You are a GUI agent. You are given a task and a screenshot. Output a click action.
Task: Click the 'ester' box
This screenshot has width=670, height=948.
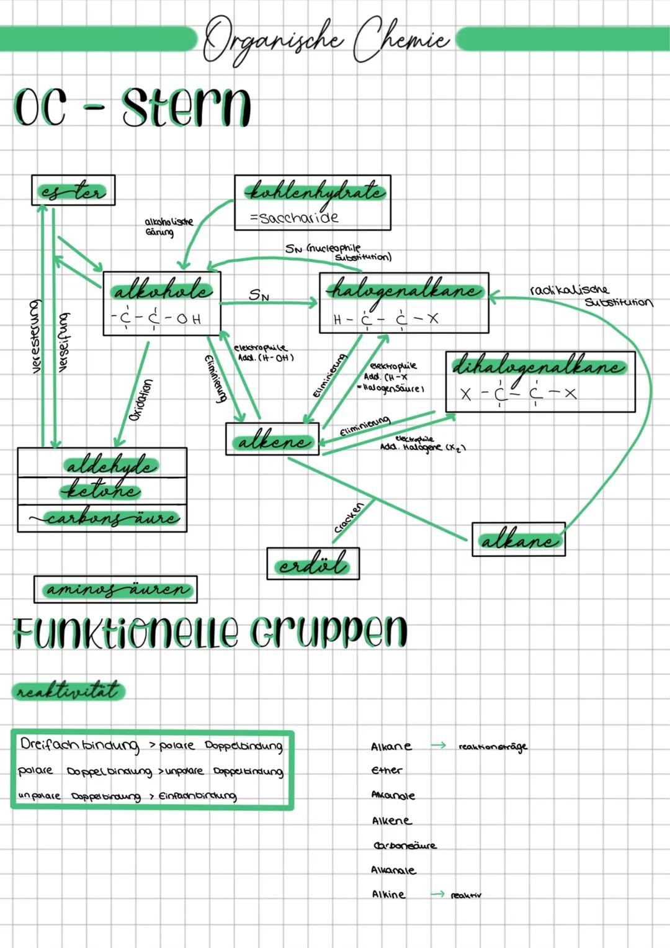point(73,190)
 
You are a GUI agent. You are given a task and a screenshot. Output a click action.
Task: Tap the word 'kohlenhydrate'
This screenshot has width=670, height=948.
point(315,192)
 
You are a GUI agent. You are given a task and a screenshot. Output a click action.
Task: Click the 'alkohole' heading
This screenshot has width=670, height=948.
point(162,291)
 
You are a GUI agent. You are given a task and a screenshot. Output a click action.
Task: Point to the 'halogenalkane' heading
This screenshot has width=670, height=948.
point(404,290)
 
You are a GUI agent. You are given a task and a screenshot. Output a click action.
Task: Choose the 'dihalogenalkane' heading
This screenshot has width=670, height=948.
point(538,367)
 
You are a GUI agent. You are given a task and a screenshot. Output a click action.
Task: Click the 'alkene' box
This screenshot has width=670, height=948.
point(272,440)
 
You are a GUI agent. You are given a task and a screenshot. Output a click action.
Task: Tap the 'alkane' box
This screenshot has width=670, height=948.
point(519,539)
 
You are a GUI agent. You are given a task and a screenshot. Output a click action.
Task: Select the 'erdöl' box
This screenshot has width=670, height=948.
point(313,564)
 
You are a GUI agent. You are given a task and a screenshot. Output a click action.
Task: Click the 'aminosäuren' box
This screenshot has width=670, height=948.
point(115,589)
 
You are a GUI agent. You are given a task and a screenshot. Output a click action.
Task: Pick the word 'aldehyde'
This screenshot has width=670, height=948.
point(111,464)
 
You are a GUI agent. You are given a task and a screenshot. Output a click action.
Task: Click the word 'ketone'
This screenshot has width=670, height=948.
point(102,491)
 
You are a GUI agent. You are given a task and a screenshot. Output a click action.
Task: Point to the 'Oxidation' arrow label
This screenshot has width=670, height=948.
point(141,400)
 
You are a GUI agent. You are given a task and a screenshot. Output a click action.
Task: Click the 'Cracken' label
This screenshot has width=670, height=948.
point(349,518)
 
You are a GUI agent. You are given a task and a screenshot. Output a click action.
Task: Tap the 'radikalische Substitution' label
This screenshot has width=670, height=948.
point(589,296)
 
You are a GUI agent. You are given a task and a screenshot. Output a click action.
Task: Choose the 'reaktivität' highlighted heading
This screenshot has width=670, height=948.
point(68,690)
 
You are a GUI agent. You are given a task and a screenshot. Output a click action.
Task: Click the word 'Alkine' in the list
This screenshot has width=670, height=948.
point(388,895)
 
